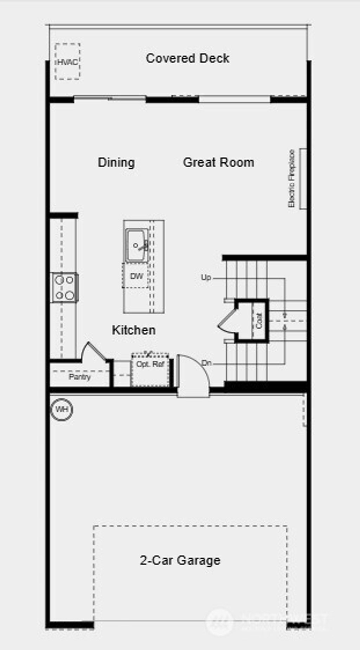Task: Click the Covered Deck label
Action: (x=187, y=58)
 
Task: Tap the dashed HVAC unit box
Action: (x=67, y=62)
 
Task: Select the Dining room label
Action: (x=116, y=162)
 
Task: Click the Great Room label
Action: (x=218, y=162)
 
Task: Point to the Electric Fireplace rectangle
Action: (x=303, y=178)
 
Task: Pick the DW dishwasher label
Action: (x=136, y=276)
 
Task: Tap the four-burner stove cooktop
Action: (x=65, y=287)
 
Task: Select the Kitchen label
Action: (x=134, y=330)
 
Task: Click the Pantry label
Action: (x=80, y=377)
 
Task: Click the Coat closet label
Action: (x=259, y=321)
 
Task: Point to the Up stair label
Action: (x=206, y=278)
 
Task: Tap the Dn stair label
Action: (x=206, y=363)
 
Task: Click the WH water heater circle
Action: (x=62, y=409)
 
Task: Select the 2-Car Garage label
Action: (x=180, y=560)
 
